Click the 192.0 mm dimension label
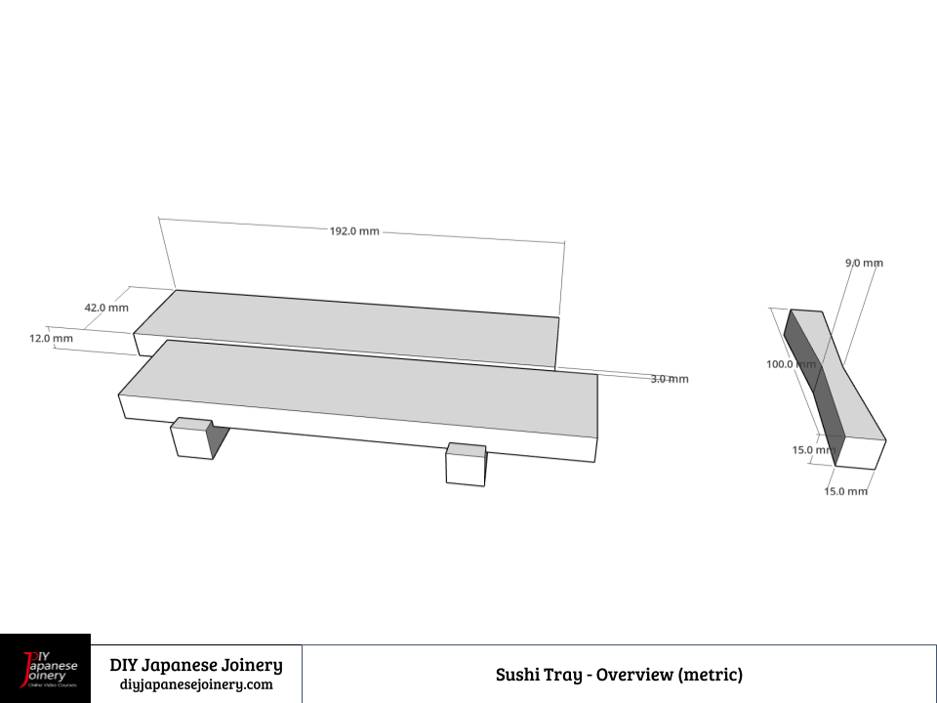354,231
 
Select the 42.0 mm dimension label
106,308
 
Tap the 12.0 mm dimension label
51,339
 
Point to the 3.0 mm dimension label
670,379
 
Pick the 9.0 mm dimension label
864,263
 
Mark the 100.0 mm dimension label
791,364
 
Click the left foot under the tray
192,439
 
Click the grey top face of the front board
361,386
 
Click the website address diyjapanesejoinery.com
196,684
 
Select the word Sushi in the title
518,675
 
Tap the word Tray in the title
564,675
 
